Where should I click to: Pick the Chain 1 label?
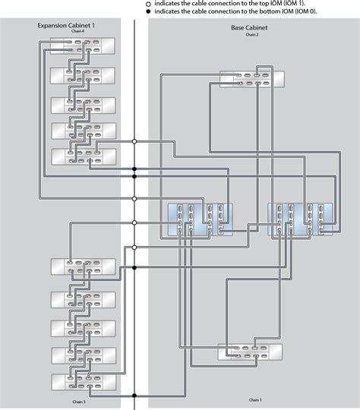pos(255,399)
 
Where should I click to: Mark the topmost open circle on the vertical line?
pos(134,141)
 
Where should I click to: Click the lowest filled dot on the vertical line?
pos(134,396)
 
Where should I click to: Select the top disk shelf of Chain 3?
pos(83,266)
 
